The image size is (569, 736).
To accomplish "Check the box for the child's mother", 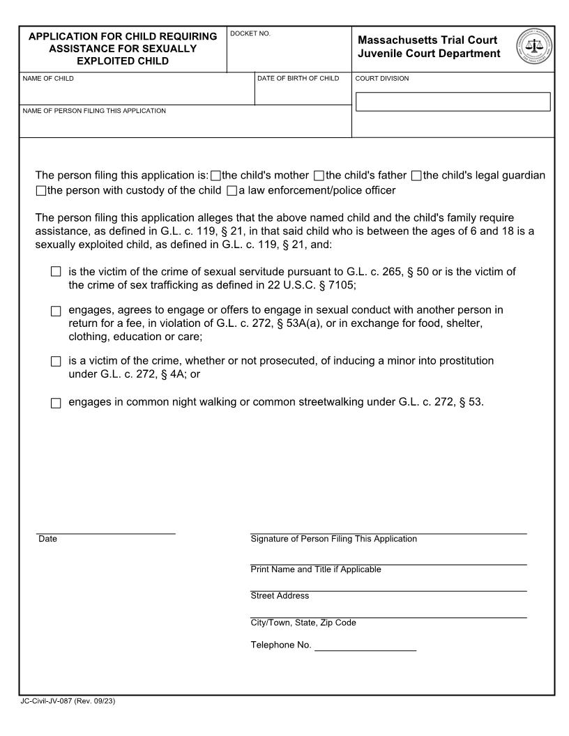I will coord(215,176).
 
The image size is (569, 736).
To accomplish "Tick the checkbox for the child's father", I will coord(319,176).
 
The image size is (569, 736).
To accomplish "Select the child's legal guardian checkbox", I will coord(416,176).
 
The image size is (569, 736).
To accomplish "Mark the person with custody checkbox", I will coord(40,191).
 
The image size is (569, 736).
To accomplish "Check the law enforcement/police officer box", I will coord(232,191).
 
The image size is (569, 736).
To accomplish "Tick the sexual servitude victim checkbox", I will coord(56,272).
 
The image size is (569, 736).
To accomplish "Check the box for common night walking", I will coord(56,403).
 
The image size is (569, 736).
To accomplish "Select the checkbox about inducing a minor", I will coord(56,362).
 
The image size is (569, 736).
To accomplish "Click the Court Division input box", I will coord(453,102).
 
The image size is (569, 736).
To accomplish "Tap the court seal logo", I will coord(534,47).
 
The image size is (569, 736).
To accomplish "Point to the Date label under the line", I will coord(47,539).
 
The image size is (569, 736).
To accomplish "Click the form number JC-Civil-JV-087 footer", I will coord(68,701).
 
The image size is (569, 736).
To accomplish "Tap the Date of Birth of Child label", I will coord(298,79).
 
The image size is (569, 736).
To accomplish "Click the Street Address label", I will coord(279,596).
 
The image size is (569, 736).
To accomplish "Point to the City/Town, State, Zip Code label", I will coord(303,622).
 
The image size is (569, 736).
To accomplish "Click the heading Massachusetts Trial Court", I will coord(427,40).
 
